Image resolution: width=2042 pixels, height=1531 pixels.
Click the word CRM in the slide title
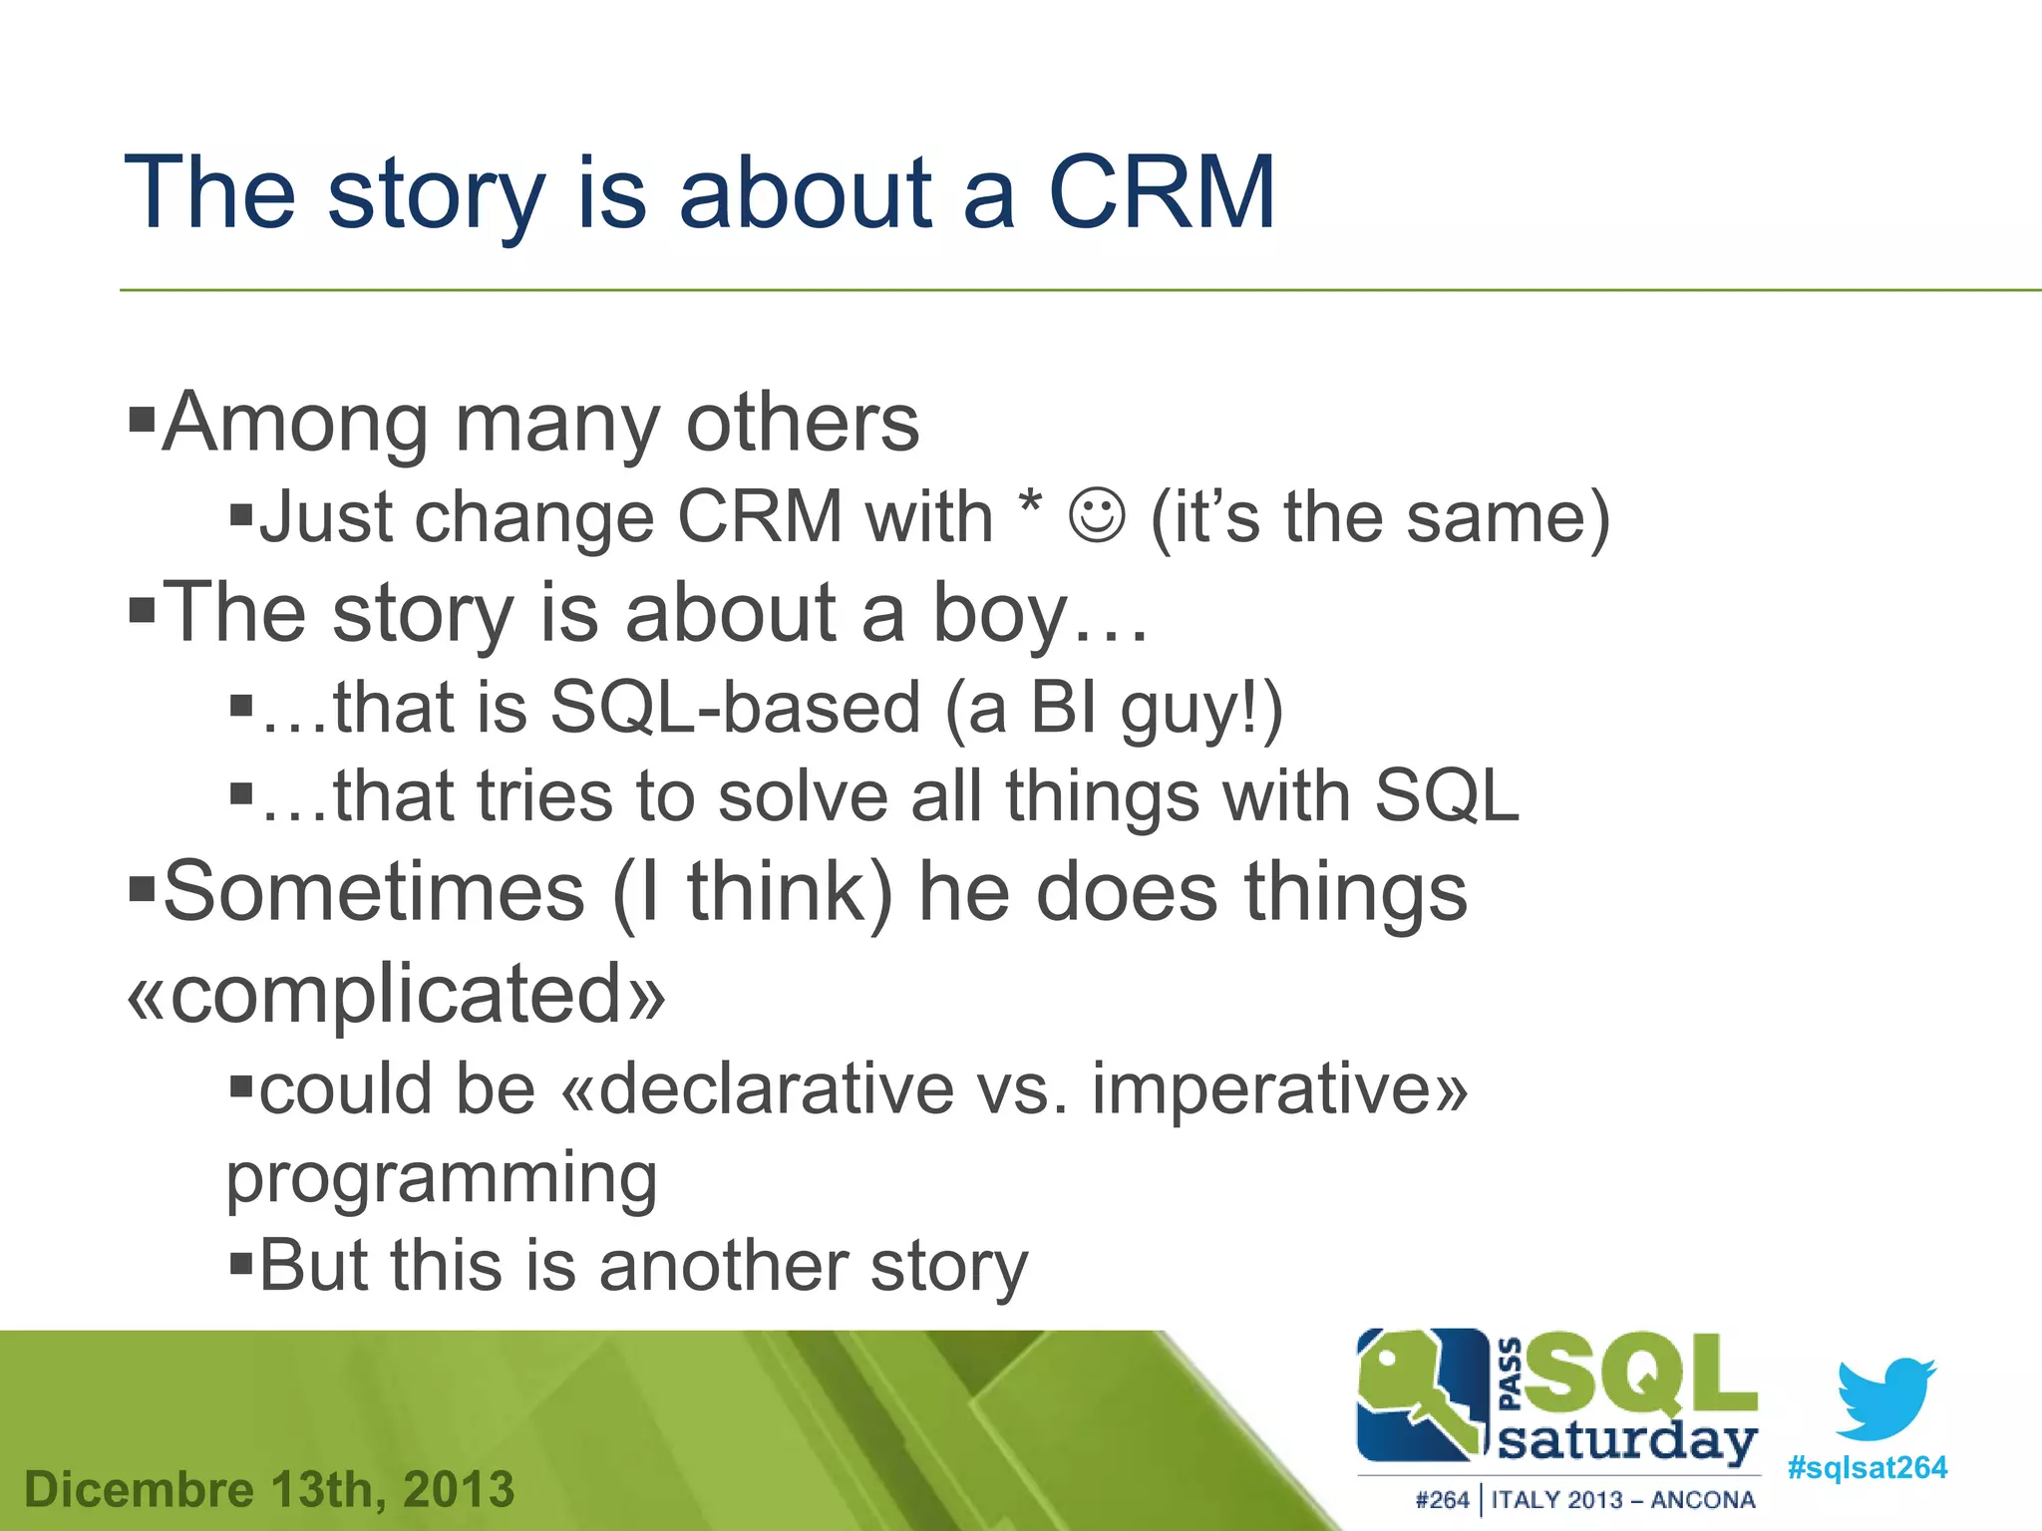point(1161,193)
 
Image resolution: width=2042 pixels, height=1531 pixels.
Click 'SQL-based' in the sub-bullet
point(735,708)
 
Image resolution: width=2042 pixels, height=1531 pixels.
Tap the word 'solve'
point(802,797)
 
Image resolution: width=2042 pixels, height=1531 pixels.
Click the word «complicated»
point(396,994)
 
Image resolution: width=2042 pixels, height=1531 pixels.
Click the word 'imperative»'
point(1279,1088)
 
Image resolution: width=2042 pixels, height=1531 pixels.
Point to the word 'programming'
point(441,1180)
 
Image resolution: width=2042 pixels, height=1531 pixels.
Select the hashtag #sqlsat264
point(1867,1468)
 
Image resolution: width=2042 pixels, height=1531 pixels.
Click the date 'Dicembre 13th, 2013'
point(269,1490)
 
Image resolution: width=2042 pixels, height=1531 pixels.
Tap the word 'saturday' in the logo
point(1627,1441)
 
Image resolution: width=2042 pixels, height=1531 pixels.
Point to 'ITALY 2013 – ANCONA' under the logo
point(1622,1500)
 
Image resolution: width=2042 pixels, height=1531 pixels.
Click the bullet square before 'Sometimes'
point(143,886)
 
